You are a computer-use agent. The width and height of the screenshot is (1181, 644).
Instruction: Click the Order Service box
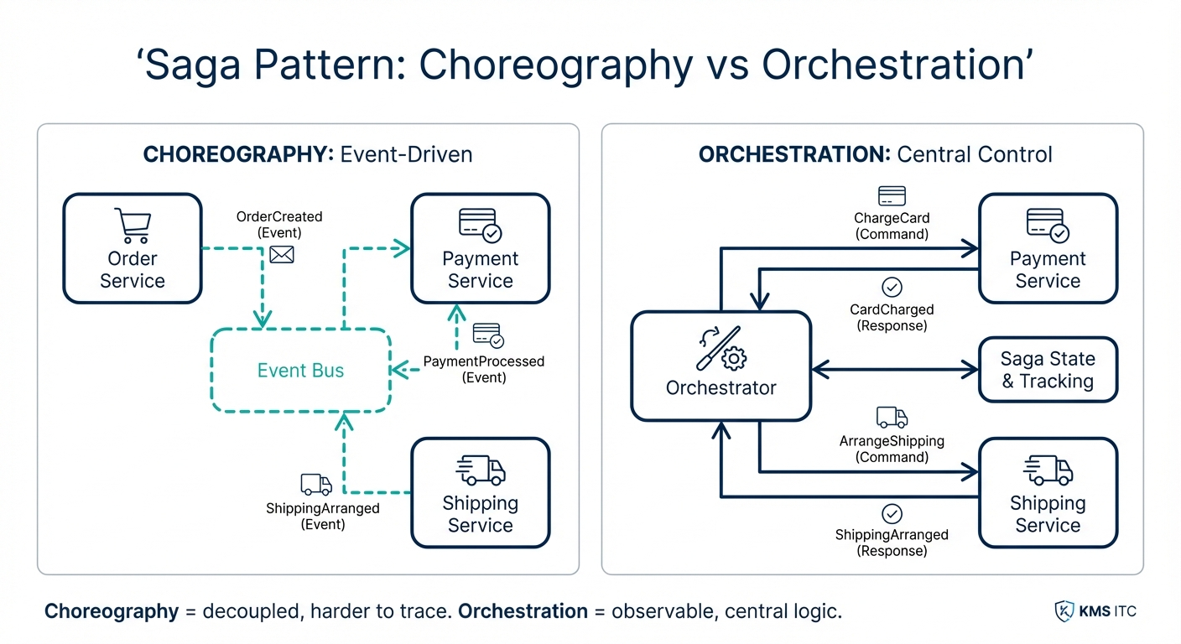(x=133, y=248)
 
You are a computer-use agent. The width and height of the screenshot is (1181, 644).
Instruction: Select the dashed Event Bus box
(x=300, y=371)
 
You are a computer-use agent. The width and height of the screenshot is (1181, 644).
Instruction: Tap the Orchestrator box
(x=721, y=366)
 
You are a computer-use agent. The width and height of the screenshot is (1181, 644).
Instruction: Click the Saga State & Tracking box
(x=1048, y=370)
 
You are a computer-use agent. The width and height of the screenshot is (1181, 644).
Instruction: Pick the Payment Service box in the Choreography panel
(x=480, y=248)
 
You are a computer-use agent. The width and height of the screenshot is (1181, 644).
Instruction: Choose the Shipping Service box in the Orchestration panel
(x=1048, y=492)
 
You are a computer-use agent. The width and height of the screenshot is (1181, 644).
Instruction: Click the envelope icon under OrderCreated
(x=282, y=253)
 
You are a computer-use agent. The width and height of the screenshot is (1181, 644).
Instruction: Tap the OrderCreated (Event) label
(x=279, y=224)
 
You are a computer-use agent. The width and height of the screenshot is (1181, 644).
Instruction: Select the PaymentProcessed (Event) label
(x=484, y=369)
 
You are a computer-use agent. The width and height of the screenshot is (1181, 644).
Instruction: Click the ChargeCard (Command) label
(x=892, y=226)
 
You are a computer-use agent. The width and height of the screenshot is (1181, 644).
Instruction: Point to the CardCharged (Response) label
(x=892, y=317)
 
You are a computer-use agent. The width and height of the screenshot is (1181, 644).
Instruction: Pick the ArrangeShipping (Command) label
(x=892, y=449)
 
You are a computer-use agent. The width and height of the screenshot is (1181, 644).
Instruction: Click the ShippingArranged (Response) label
(x=892, y=543)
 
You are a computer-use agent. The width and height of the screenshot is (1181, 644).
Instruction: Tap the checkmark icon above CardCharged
(x=892, y=288)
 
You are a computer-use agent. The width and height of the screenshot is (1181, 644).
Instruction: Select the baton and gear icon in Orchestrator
(x=721, y=349)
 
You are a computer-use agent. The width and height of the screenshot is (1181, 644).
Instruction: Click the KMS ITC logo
(x=1095, y=611)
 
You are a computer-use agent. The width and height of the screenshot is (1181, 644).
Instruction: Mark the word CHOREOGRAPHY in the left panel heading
(x=238, y=155)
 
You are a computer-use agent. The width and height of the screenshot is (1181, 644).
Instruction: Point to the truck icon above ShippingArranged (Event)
(x=315, y=484)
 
